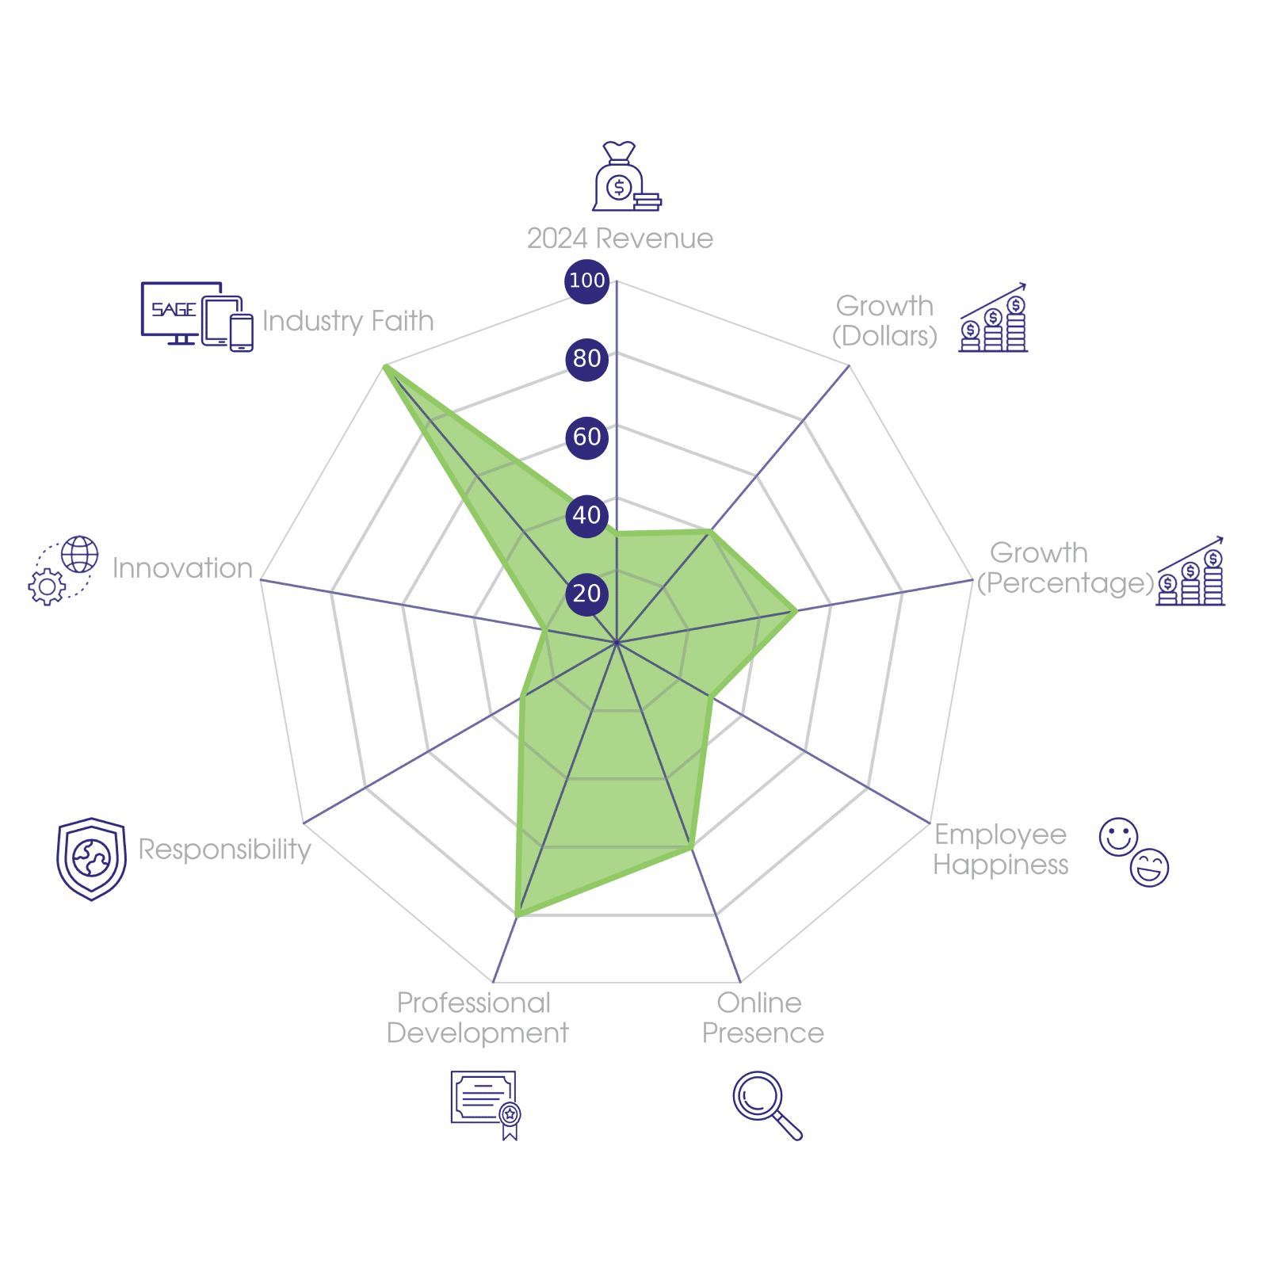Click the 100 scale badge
point(586,281)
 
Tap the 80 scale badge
point(586,358)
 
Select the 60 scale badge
point(586,437)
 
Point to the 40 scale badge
point(586,515)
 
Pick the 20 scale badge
point(586,594)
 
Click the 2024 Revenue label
point(620,239)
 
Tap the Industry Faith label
point(348,321)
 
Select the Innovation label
point(182,568)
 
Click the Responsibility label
point(224,850)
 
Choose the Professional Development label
point(477,1018)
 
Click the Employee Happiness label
point(1000,850)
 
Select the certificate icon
point(485,1103)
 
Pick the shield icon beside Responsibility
point(92,858)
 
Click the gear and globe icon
point(63,571)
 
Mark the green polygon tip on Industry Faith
point(384,365)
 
